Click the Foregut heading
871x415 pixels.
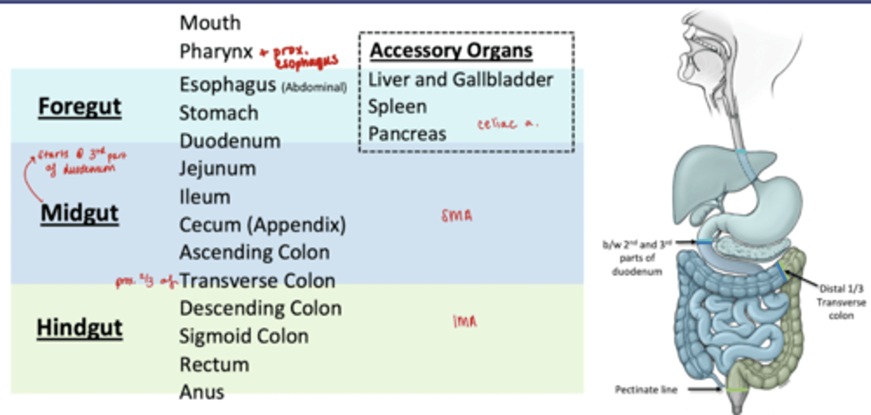[80, 107]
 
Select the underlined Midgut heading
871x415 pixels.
[79, 213]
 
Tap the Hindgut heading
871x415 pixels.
[80, 328]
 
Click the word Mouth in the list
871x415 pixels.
[210, 23]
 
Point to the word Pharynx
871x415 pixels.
[216, 51]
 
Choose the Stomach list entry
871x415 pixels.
[218, 113]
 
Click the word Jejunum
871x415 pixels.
[217, 168]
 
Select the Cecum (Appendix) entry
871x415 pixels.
[263, 225]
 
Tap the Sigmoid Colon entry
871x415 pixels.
[243, 336]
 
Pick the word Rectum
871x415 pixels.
[214, 365]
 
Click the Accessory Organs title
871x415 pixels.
[451, 51]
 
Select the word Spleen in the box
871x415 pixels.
[397, 107]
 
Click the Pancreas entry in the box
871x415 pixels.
[407, 134]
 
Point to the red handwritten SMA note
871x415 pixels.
[457, 215]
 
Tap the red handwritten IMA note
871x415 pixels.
[465, 322]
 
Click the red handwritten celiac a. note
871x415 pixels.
[507, 124]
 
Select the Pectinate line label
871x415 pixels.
[646, 390]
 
